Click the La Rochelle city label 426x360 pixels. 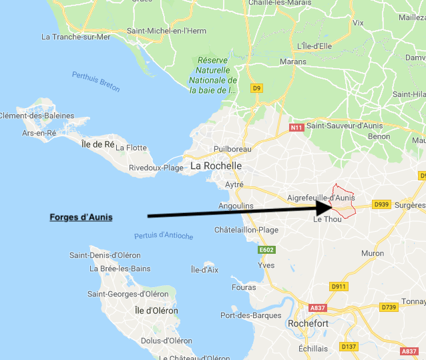[216, 165]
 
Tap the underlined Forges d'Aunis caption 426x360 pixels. [81, 217]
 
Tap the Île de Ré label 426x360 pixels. [98, 144]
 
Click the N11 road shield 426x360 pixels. [296, 127]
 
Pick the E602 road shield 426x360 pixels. [267, 250]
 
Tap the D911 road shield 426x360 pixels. [339, 287]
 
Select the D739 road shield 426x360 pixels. [389, 307]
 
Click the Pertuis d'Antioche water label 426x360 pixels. [164, 236]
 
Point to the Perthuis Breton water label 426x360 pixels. [95, 81]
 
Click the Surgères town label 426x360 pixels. [409, 204]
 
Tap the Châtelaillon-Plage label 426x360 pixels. [246, 230]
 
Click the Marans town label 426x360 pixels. [292, 61]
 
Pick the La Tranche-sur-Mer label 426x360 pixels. [75, 36]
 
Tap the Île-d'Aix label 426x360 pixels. [204, 269]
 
